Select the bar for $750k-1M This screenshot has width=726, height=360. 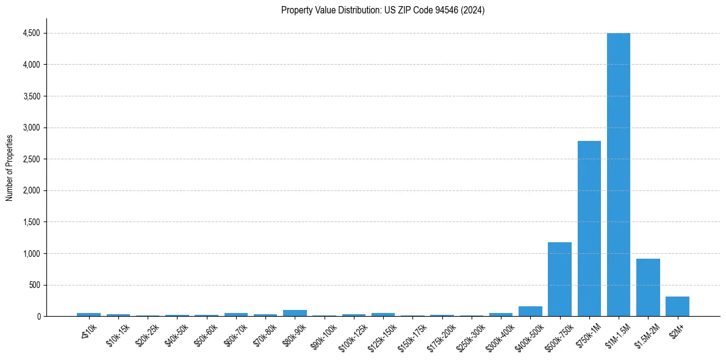tap(589, 229)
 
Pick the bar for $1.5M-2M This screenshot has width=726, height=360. tap(648, 287)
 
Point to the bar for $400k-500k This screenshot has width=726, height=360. tap(530, 311)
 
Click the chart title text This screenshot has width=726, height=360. tap(383, 10)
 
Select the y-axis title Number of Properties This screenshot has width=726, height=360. tap(10, 167)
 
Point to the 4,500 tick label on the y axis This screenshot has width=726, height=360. tap(31, 33)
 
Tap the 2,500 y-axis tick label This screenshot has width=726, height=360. tap(31, 159)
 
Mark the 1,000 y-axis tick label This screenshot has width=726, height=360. tap(31, 253)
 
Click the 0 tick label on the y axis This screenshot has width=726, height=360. tap(38, 317)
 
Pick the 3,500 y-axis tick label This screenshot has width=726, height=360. tap(31, 96)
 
